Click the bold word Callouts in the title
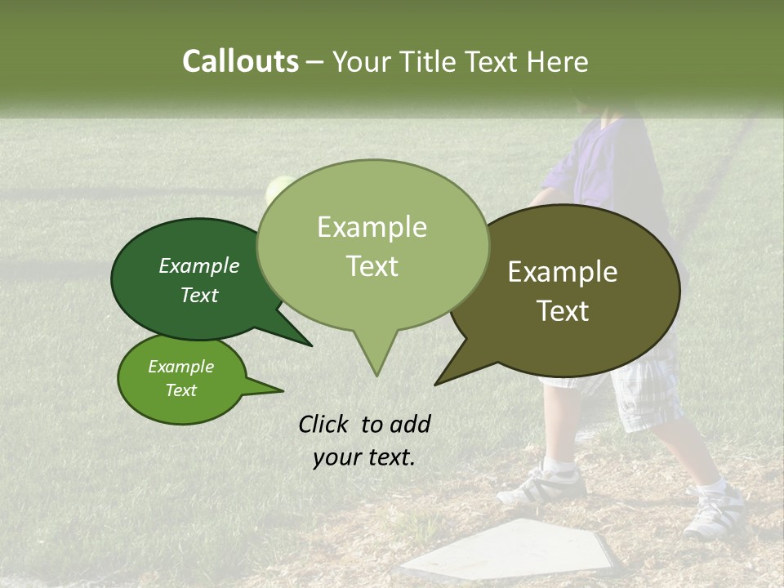(x=240, y=61)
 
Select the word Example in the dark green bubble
(x=198, y=265)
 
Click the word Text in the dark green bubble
(x=198, y=295)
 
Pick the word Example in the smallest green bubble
(x=180, y=367)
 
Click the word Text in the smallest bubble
(x=180, y=390)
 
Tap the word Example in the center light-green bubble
(x=372, y=227)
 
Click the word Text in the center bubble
(x=372, y=266)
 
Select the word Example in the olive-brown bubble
(x=563, y=272)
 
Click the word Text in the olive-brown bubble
(x=563, y=311)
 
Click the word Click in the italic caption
(x=326, y=424)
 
